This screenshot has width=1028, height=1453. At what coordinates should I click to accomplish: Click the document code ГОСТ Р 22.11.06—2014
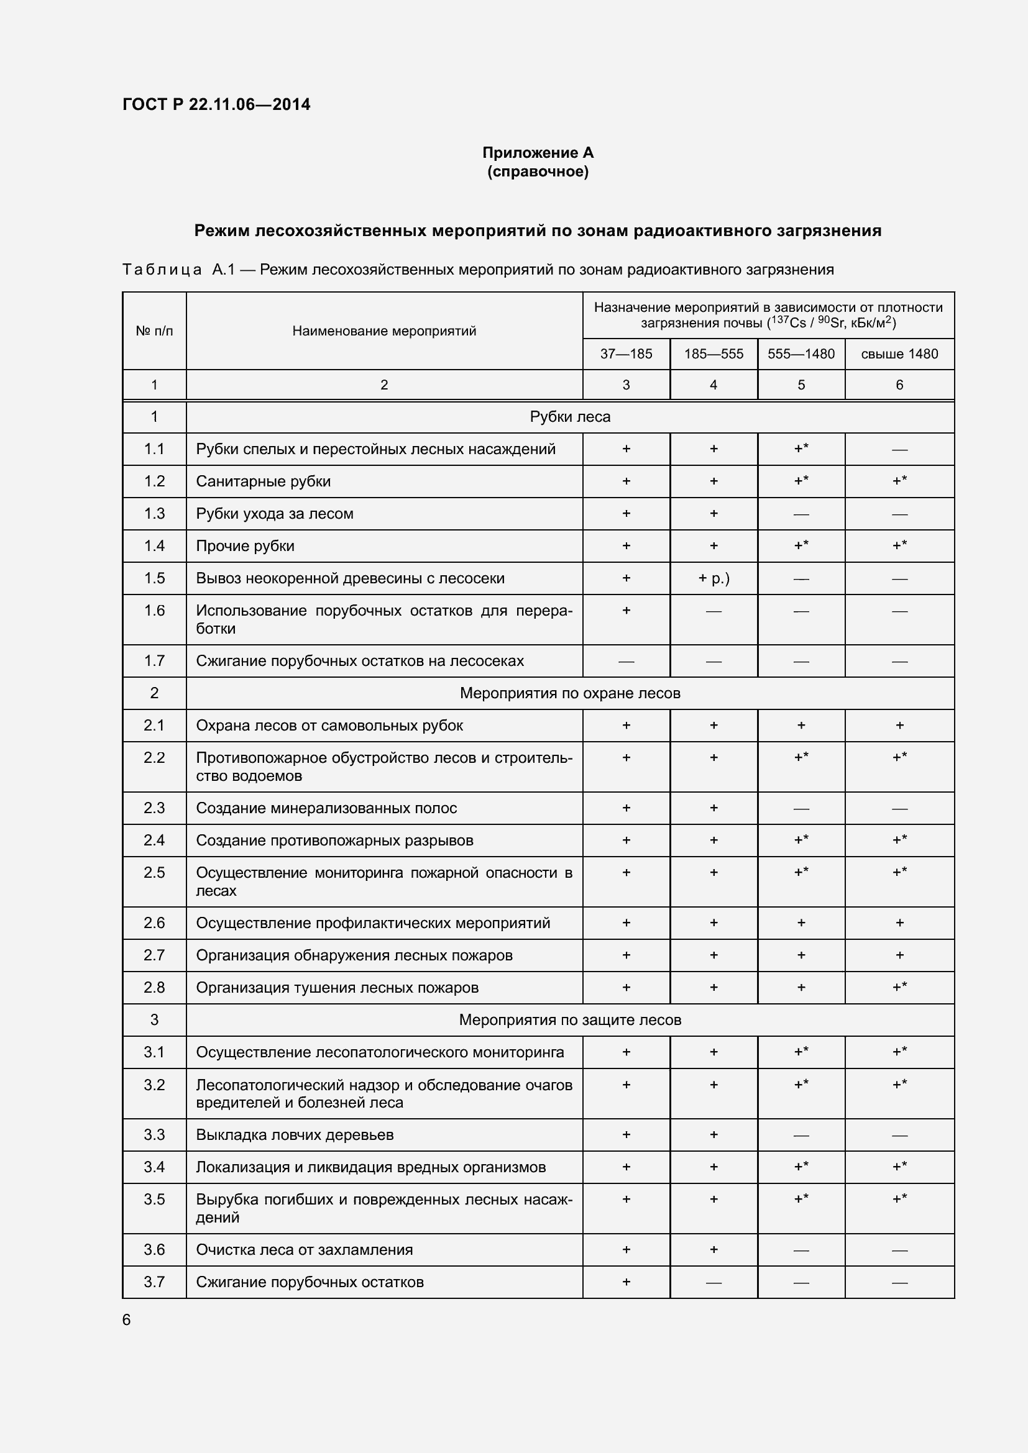(x=216, y=104)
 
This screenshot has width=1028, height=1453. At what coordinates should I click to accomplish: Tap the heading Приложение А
(x=538, y=153)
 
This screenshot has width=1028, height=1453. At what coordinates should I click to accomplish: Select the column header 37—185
(x=625, y=353)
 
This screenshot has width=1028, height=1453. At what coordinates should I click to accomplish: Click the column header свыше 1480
(x=899, y=353)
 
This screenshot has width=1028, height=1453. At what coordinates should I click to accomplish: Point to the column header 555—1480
(x=801, y=353)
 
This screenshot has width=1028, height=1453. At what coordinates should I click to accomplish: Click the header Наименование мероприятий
(x=383, y=331)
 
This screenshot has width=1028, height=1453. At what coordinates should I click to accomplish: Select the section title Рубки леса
(x=570, y=417)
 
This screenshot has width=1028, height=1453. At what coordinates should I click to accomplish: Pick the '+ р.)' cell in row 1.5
(x=714, y=578)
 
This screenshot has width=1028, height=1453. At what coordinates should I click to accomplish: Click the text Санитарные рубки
(x=264, y=481)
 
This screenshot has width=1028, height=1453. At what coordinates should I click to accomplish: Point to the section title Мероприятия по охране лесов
(x=570, y=693)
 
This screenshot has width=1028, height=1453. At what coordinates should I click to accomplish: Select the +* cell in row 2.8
(x=899, y=986)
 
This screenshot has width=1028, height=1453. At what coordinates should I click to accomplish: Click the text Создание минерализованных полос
(x=326, y=808)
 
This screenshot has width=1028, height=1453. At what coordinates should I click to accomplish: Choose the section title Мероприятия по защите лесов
(x=570, y=1019)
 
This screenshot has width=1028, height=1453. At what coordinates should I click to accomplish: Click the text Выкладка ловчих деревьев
(x=295, y=1135)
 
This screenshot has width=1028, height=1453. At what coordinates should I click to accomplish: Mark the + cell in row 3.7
(x=625, y=1282)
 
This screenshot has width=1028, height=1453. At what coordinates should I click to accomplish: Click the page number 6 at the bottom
(x=127, y=1319)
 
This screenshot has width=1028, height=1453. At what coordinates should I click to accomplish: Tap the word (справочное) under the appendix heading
(x=538, y=171)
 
